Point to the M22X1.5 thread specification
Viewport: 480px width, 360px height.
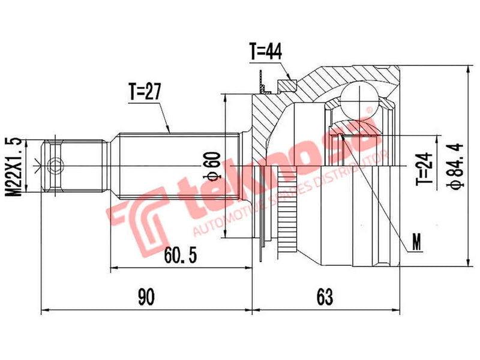click(x=16, y=166)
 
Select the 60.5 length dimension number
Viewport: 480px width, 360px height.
click(x=180, y=255)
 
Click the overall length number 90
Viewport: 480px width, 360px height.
click(x=146, y=296)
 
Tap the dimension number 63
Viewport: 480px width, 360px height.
click(x=325, y=296)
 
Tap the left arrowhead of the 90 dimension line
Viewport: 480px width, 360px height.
click(x=43, y=311)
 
